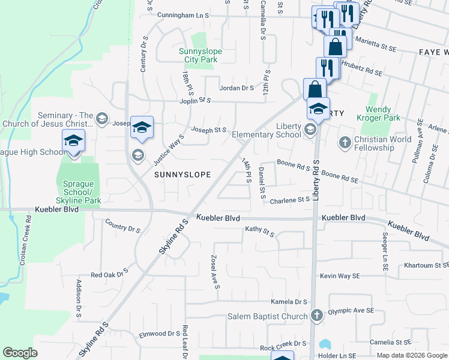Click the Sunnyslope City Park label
(x=200, y=56)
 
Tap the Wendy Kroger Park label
(x=387, y=114)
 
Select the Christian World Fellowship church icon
(x=345, y=142)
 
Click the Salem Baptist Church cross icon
(x=317, y=314)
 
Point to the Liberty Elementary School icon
(x=310, y=130)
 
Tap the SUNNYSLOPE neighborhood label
(x=182, y=175)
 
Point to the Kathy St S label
(x=259, y=231)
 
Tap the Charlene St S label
(x=289, y=200)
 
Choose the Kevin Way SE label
(x=340, y=276)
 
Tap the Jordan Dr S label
(x=237, y=88)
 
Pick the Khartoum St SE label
(x=426, y=265)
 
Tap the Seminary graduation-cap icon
(x=101, y=118)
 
